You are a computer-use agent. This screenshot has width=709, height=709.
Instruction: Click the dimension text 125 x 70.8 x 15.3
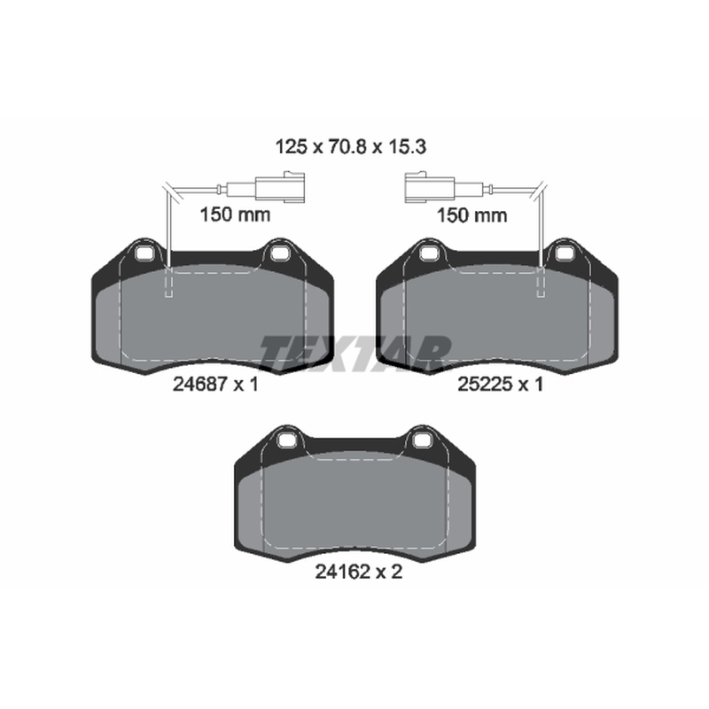[x=351, y=147]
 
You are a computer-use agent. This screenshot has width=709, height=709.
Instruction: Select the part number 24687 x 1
[x=215, y=385]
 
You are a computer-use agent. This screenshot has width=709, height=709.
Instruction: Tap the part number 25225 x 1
[x=500, y=385]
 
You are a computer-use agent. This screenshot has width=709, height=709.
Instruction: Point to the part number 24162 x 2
[x=358, y=572]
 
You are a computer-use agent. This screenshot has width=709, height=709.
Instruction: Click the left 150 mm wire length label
[x=235, y=214]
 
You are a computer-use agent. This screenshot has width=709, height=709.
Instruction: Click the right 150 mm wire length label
[x=471, y=214]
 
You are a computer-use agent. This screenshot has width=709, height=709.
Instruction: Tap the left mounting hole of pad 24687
[x=144, y=253]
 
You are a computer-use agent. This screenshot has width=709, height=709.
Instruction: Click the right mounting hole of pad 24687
[x=279, y=253]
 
